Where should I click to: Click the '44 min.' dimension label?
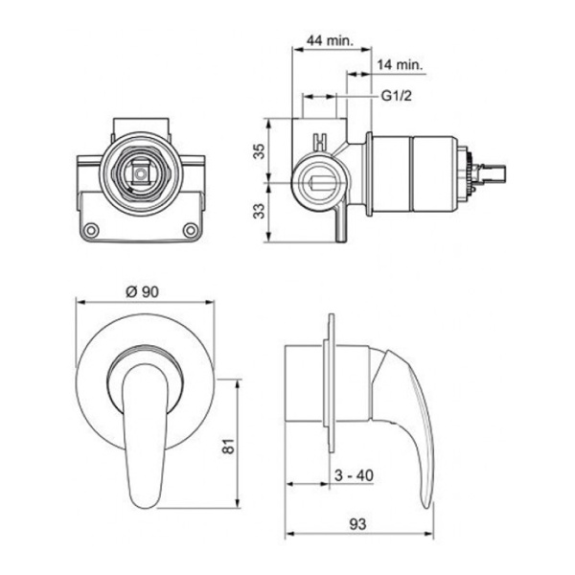(x=330, y=39)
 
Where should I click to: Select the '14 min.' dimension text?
(x=400, y=64)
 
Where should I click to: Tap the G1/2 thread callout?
(x=397, y=96)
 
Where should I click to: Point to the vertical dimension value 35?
(x=260, y=151)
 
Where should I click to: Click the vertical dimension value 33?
(x=260, y=211)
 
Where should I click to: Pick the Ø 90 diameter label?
(x=142, y=292)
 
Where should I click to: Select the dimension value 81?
(x=228, y=447)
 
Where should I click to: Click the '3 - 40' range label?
(x=354, y=475)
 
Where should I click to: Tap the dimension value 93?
(x=357, y=524)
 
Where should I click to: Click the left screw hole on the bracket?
(x=91, y=230)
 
